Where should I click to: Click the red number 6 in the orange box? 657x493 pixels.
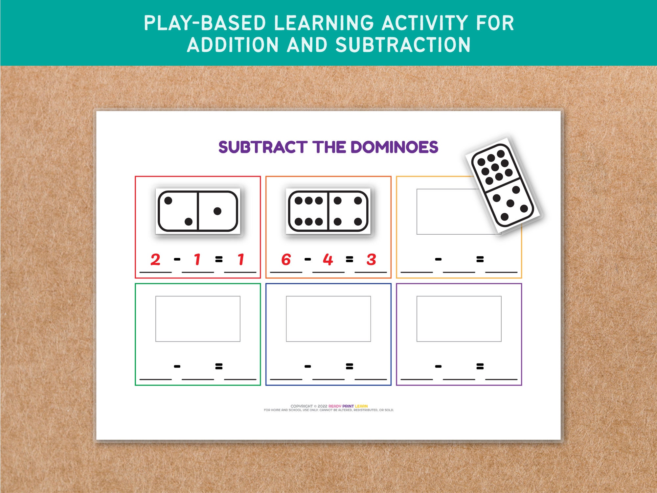(286, 260)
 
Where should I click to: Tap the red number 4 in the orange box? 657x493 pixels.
(328, 260)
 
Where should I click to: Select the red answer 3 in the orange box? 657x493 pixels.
(371, 260)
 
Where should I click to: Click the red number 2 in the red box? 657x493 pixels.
(155, 260)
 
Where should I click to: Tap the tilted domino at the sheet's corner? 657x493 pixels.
(503, 186)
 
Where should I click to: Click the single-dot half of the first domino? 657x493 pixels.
(217, 211)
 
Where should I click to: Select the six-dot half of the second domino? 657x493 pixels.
(308, 211)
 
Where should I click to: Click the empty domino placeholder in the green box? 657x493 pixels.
(198, 319)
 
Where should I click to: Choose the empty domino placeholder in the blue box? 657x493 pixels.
(328, 319)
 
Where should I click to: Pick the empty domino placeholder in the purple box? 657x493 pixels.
(459, 319)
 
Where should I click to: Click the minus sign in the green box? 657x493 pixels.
(177, 366)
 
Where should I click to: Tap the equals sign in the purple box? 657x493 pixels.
(480, 366)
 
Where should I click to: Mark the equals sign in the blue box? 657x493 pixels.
(350, 366)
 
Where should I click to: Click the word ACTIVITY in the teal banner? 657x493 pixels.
(424, 23)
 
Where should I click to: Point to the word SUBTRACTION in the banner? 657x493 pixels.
(403, 45)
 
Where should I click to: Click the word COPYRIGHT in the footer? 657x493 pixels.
(302, 406)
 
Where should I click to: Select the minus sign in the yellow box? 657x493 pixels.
(438, 259)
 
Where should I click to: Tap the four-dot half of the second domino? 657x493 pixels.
(348, 211)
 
